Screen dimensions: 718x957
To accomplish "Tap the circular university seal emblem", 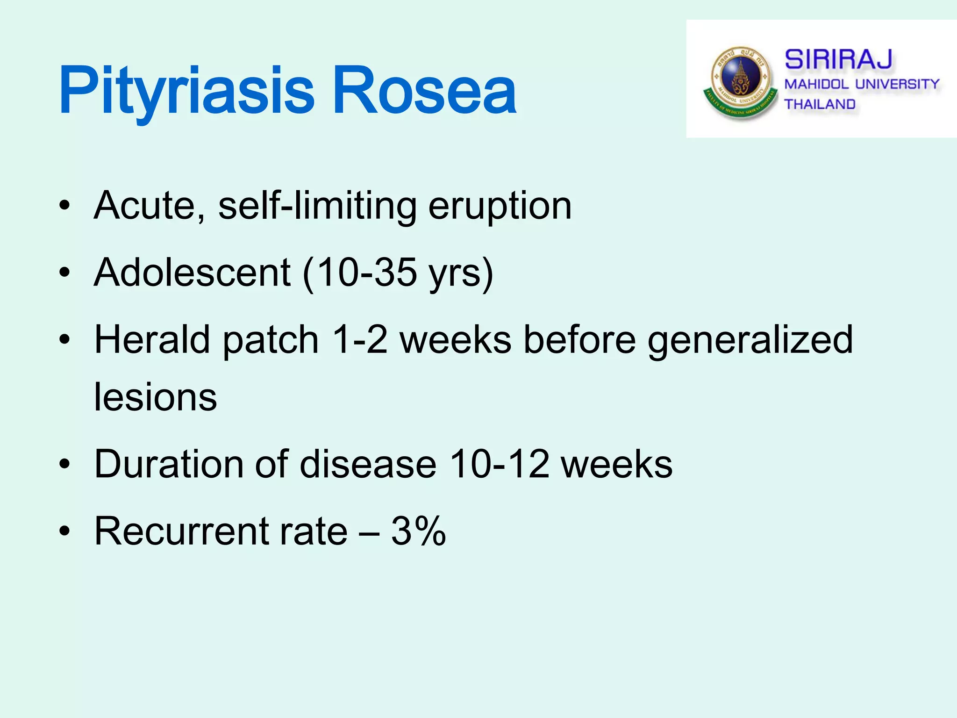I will click(740, 82).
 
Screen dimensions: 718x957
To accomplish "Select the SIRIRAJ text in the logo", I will click(838, 60).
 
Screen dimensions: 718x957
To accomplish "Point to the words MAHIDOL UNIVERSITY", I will click(861, 84).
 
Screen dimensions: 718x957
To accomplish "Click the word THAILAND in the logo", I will click(820, 104).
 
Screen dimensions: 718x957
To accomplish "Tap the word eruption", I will click(500, 207).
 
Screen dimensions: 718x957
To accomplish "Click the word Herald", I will click(152, 340).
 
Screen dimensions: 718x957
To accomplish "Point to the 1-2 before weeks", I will click(359, 340).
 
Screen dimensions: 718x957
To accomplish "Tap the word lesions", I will click(155, 397).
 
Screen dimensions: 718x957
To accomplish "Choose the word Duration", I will click(169, 464).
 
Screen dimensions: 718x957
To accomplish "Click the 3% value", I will click(418, 531).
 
